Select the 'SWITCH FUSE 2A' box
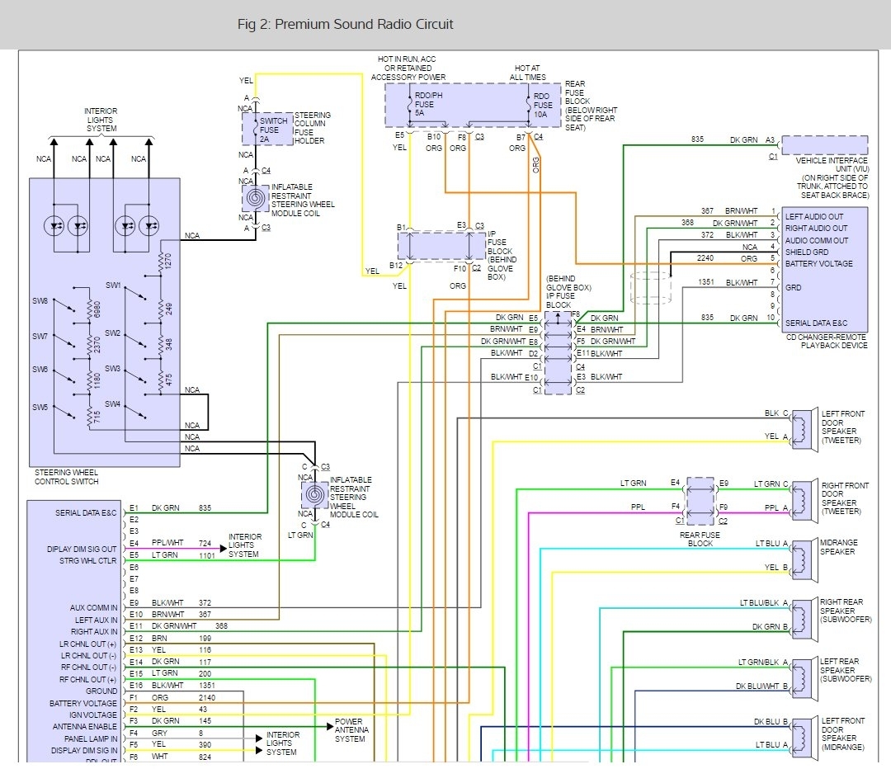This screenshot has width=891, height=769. tap(267, 129)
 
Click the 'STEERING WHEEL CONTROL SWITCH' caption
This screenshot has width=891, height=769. tap(68, 477)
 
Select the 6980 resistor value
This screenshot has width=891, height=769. tap(98, 309)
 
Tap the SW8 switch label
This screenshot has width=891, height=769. tap(40, 301)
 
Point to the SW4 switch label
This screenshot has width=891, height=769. tap(113, 404)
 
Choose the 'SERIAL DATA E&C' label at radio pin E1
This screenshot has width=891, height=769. tap(87, 513)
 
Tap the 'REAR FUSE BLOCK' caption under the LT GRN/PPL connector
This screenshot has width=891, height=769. tap(699, 540)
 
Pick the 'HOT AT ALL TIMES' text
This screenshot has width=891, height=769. tap(529, 72)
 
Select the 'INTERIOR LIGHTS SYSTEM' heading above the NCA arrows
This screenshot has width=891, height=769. tap(101, 120)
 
